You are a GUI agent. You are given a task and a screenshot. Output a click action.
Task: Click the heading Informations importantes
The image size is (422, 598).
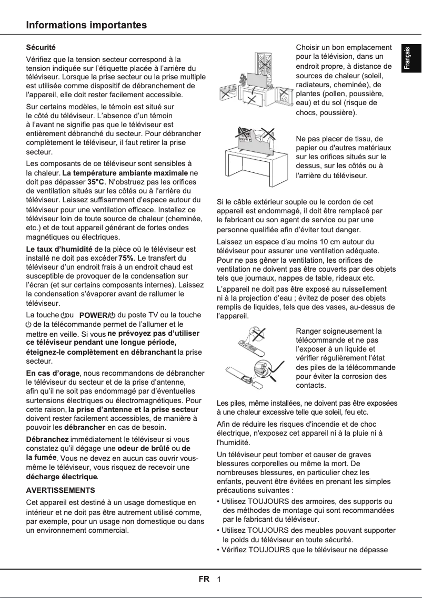pyautogui.click(x=87, y=25)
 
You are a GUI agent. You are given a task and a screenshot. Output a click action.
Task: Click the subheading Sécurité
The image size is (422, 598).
pyautogui.click(x=41, y=48)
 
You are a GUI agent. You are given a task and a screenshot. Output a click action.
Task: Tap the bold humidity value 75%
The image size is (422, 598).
pyautogui.click(x=126, y=258)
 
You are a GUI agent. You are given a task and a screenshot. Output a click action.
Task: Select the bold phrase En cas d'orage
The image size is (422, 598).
pyautogui.click(x=53, y=373)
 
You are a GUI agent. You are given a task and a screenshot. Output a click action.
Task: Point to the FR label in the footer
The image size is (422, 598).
pyautogui.click(x=204, y=579)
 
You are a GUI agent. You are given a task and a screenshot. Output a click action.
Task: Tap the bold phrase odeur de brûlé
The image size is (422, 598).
pyautogui.click(x=141, y=448)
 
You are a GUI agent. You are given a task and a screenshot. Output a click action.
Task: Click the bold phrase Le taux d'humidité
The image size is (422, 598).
pyautogui.click(x=59, y=249)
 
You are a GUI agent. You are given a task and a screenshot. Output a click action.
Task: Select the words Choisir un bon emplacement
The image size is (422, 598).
pyautogui.click(x=344, y=48)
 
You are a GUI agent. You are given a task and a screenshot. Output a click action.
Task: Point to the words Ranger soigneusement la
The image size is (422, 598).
pyautogui.click(x=338, y=331)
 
